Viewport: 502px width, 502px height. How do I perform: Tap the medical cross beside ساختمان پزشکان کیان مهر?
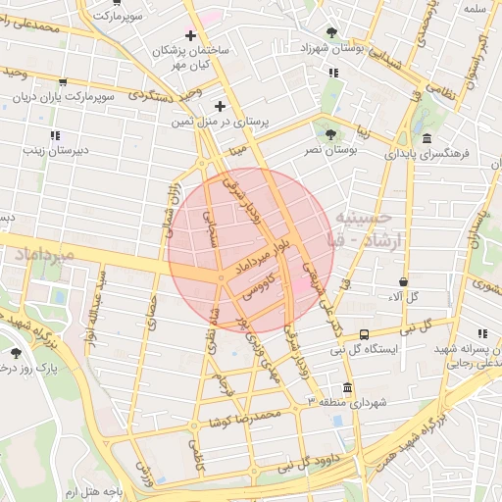coord(190,36)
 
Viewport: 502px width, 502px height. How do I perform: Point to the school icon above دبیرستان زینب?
coord(55,134)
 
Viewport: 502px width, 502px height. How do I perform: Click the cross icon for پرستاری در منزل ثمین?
coord(220,106)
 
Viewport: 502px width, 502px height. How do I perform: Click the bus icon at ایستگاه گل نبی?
coord(365,334)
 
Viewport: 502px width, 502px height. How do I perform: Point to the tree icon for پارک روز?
coord(15,352)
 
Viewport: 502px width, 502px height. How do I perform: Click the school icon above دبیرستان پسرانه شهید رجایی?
coord(481,334)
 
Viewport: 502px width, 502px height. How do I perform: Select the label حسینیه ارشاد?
coord(367,228)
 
